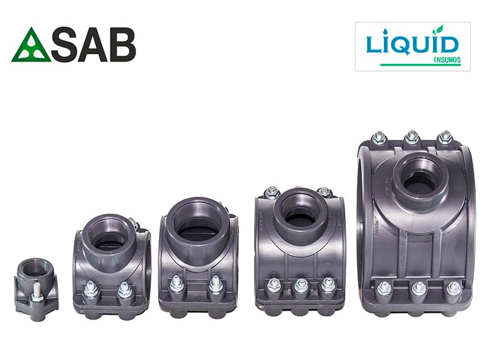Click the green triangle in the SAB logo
(x=30, y=46)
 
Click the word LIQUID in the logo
(x=413, y=45)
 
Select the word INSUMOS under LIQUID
(x=447, y=60)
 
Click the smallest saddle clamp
(x=37, y=289)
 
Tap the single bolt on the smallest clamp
(x=35, y=293)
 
